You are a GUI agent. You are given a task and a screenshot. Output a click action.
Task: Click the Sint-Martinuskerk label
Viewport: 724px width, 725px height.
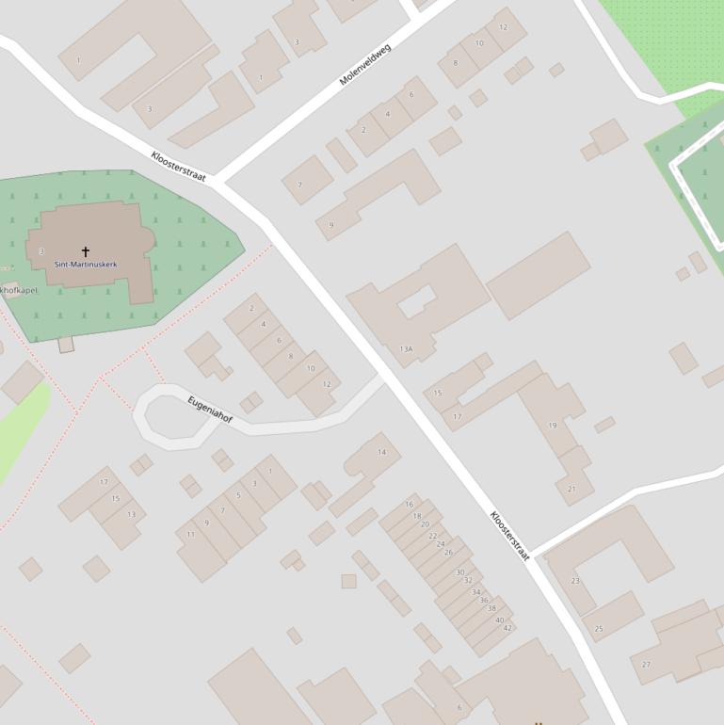coord(86,265)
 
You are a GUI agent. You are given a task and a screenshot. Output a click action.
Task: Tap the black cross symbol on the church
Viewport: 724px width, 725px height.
coord(86,251)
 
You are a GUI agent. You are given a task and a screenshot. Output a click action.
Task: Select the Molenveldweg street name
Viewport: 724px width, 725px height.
coord(364,64)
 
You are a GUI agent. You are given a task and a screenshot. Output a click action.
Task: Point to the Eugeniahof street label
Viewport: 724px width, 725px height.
coord(210,410)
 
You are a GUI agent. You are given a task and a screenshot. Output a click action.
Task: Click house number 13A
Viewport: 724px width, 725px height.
coord(406,349)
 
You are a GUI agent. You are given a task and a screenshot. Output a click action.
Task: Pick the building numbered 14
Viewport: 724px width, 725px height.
coord(381,452)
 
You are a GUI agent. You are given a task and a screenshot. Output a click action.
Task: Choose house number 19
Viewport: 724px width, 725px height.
coord(553,426)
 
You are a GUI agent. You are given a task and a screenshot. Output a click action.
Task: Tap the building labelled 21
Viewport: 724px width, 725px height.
coord(571,489)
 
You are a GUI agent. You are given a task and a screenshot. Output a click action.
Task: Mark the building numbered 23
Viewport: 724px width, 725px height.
coord(575,581)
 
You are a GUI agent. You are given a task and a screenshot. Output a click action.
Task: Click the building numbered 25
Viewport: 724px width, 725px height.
coord(599,628)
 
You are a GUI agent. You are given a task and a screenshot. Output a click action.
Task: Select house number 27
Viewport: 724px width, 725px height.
coord(646,665)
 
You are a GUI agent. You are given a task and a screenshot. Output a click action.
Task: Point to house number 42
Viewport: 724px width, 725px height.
coord(507,628)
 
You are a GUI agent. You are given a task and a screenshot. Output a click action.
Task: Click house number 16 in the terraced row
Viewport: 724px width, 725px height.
coord(410,505)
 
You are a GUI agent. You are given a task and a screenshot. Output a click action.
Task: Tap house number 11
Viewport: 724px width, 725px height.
coord(191,535)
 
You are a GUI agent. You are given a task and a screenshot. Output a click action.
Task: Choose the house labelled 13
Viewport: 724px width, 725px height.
coord(131,514)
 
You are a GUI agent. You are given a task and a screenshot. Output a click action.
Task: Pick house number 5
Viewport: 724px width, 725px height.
coord(238,495)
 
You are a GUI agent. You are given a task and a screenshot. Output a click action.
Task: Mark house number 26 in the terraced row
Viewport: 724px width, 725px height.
coord(448,553)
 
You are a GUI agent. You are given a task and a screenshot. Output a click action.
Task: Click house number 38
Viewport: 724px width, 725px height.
coord(491,608)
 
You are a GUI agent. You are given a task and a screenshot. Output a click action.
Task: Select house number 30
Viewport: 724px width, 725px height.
coord(460,572)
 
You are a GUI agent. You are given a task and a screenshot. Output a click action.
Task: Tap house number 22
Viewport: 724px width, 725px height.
coord(433,535)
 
